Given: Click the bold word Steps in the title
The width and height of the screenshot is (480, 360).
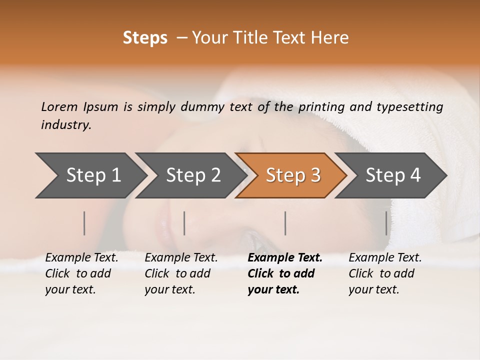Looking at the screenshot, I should pos(145,38).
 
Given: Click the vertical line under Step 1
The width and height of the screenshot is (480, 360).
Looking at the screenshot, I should pos(84,223).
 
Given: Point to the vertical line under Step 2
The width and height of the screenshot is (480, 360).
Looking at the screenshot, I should pos(184,223).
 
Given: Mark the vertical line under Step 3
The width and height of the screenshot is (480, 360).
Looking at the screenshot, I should pos(285,223).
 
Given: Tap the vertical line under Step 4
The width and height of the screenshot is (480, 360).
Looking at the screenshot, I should pos(386,223).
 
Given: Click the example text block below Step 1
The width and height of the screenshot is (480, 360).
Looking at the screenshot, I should pos(81,273).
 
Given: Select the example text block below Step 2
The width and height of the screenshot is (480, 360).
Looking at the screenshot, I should pos(181,273).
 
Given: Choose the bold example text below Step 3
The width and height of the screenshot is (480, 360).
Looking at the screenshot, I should pos(284,273).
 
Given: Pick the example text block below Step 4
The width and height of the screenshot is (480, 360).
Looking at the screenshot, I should pos(385,273).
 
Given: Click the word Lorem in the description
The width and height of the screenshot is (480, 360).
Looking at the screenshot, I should pos(59,106).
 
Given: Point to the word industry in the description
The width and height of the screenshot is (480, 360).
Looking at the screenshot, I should pos(66,125).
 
